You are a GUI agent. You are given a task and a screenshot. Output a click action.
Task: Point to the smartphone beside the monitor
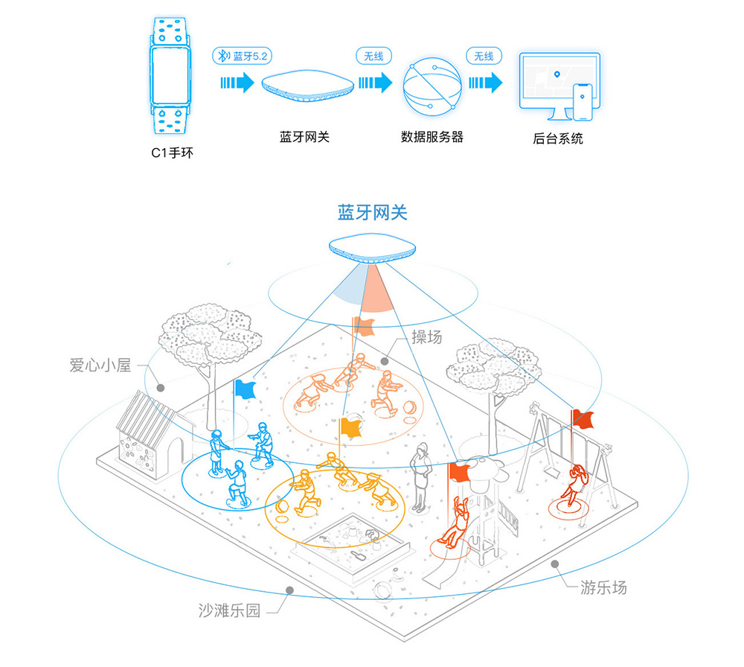[584, 102]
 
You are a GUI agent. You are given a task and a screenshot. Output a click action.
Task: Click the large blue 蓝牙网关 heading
[372, 212]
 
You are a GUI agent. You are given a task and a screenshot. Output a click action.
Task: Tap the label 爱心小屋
[100, 366]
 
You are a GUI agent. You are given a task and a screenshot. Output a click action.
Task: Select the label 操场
[427, 336]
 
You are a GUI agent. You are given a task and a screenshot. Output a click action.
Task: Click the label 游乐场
[603, 587]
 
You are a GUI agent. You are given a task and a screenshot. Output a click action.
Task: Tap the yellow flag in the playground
[349, 427]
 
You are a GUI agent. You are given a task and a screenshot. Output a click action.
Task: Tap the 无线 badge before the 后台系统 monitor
[484, 57]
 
